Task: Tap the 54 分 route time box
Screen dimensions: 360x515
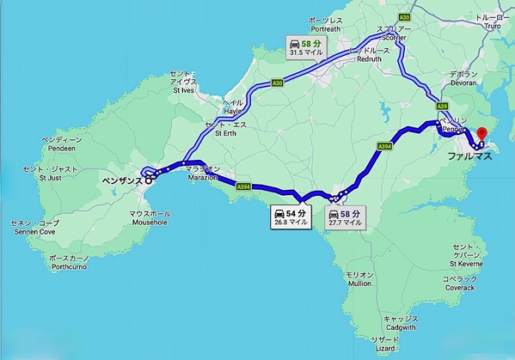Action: pos(291,216)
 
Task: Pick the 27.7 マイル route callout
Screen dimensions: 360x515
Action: pos(345,217)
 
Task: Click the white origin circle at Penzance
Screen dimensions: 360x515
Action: pos(148,180)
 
